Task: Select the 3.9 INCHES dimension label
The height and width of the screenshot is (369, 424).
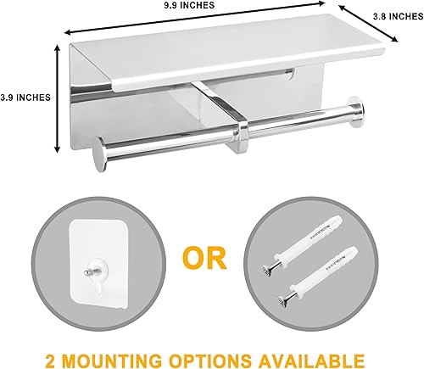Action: coord(25,97)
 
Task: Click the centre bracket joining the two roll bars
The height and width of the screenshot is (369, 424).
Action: coord(242,127)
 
